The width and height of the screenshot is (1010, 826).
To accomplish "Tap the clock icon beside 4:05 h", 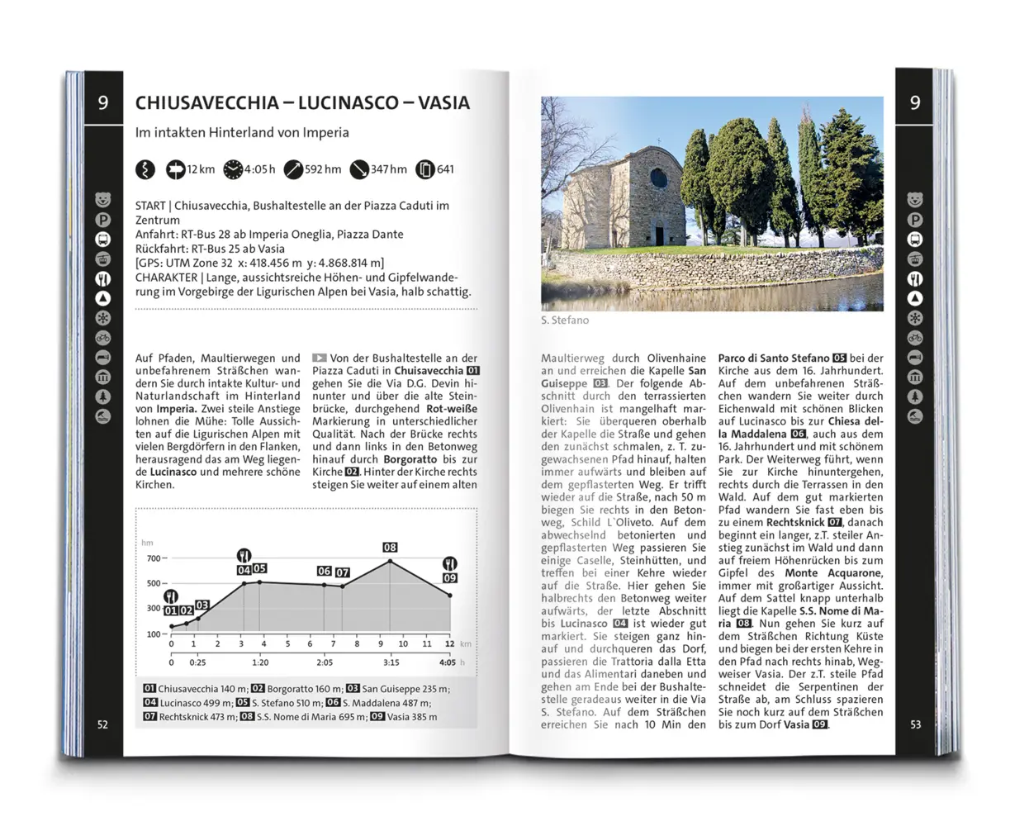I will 233,169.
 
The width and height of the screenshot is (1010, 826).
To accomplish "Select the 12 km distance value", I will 201,169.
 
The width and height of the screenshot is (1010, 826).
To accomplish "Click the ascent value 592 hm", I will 322,169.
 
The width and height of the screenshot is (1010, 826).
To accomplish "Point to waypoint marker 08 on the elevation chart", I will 390,547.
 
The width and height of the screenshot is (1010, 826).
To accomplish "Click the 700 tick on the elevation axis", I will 154,558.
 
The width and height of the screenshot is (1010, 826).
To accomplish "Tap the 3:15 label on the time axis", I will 391,662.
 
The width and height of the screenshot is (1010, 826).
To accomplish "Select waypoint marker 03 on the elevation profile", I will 202,605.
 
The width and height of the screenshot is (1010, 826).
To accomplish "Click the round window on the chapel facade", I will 658,178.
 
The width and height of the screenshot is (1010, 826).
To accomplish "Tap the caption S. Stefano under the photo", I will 565,320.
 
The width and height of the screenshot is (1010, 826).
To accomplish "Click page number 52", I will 102,724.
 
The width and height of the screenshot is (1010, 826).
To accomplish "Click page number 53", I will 915,724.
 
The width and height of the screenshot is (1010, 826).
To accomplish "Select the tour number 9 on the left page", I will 103,103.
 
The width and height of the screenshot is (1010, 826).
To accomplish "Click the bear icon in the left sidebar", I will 103,200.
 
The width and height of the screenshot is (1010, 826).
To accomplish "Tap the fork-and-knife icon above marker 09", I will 450,563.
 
